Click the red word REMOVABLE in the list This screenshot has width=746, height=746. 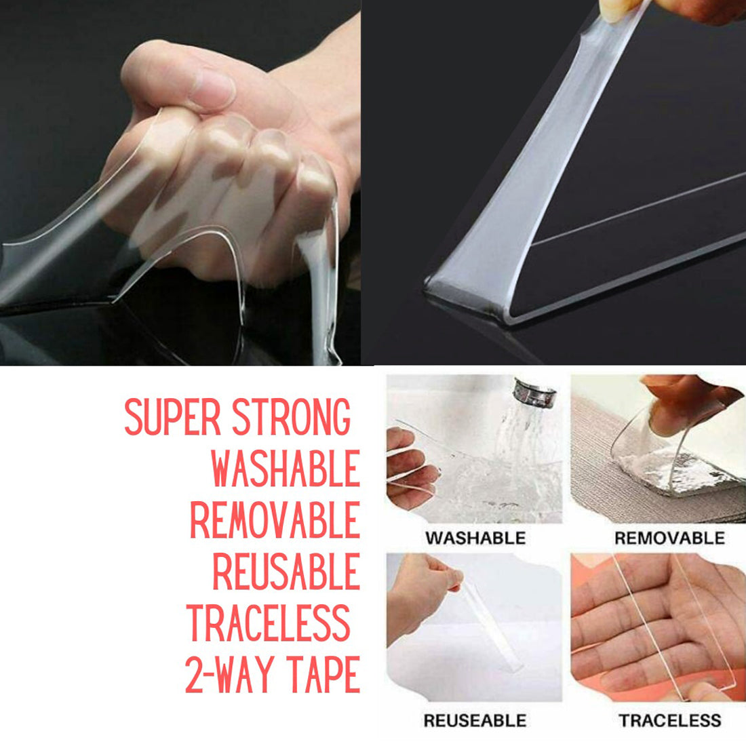[275, 521]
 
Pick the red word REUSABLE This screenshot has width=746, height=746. [286, 572]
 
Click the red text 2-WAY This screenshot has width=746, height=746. [227, 675]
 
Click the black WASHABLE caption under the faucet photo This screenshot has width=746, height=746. [475, 538]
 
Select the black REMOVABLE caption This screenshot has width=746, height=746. [669, 538]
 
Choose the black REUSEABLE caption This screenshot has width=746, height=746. [474, 720]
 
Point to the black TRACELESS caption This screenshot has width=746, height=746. [669, 720]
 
